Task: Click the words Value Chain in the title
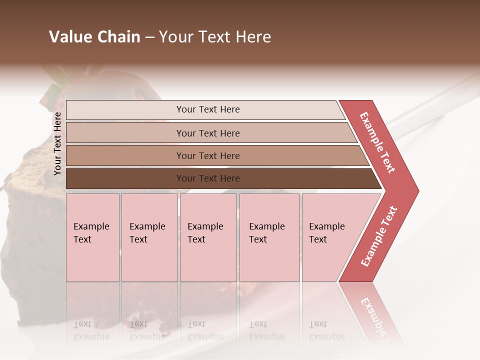tap(94, 37)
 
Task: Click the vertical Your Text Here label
tap(57, 143)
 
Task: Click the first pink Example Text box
tap(92, 237)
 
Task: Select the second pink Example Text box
tap(149, 237)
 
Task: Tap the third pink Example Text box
tap(208, 237)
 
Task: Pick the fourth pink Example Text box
tap(269, 237)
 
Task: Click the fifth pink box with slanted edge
tap(330, 237)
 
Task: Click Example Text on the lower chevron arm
tap(379, 236)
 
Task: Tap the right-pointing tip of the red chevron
tap(414, 190)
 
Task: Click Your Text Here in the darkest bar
tap(208, 178)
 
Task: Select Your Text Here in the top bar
tap(208, 109)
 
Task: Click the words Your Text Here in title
tap(215, 37)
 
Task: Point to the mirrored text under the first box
tap(91, 330)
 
